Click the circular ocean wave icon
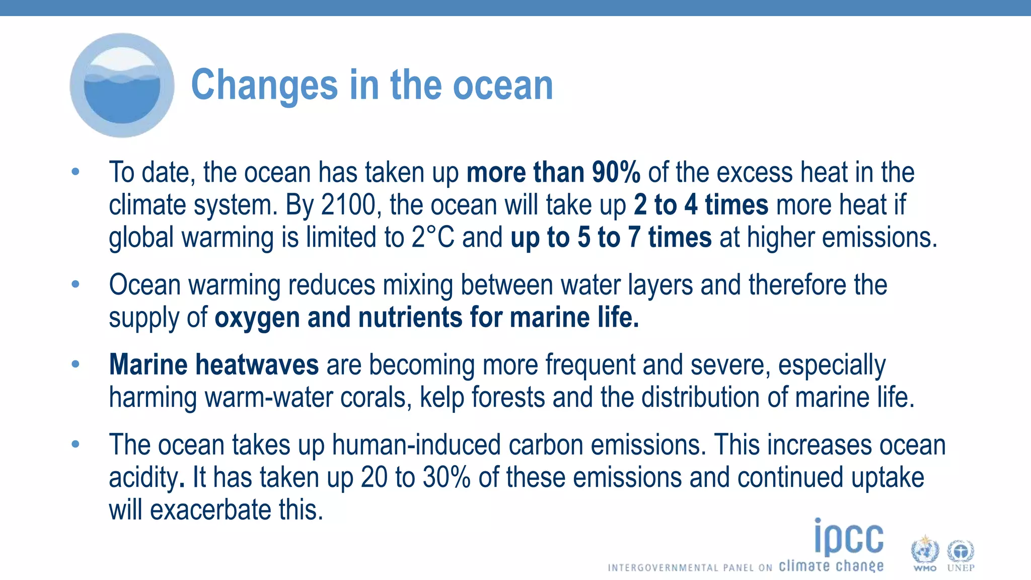click(122, 85)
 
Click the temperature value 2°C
click(432, 237)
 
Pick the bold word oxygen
click(257, 318)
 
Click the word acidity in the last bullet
click(143, 477)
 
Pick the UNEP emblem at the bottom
click(961, 554)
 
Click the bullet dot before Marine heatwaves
click(76, 364)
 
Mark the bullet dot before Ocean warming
click(76, 284)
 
